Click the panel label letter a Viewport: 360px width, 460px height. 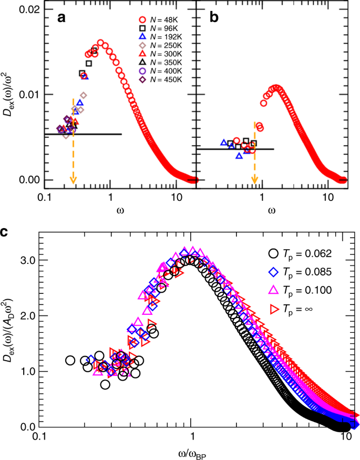(61, 19)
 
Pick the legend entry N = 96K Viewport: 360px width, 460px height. (156, 29)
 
